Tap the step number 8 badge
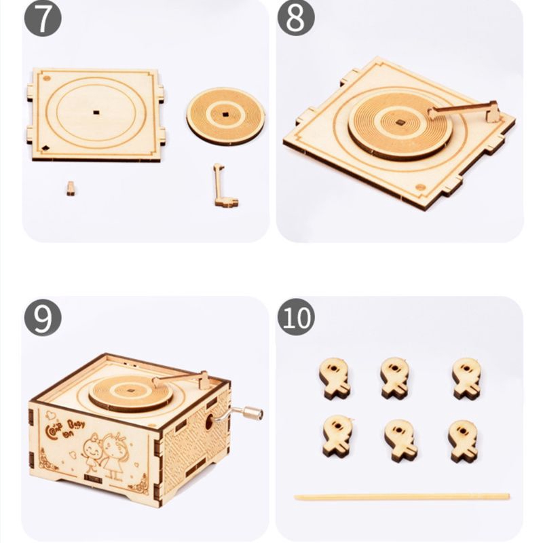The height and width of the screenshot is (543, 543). coord(295,20)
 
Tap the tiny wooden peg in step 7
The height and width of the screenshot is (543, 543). coord(71,188)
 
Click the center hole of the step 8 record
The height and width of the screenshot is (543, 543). coord(401,123)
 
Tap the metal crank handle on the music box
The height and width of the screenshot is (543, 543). coord(247,412)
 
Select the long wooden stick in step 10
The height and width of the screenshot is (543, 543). coord(401,496)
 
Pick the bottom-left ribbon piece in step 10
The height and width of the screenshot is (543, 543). coord(335,436)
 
